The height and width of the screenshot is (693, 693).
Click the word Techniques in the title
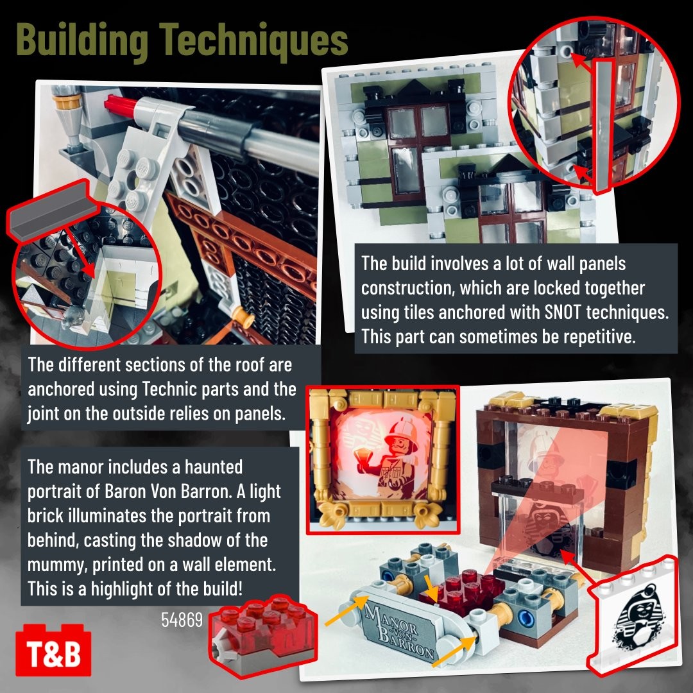point(253,40)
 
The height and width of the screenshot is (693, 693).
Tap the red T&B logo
point(53,650)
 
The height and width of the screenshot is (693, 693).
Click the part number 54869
point(182,620)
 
